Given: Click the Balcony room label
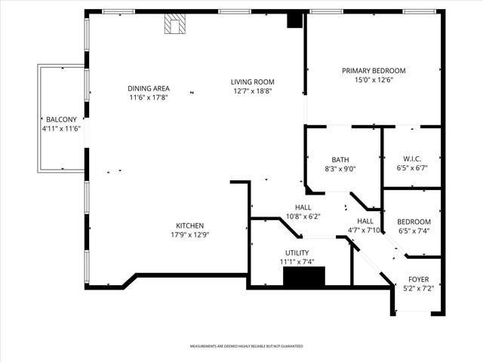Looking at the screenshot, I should point(60,120).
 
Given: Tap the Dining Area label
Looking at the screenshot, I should point(148,88).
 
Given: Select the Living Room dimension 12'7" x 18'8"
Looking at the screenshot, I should point(252,90).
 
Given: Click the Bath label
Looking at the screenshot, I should point(340,159).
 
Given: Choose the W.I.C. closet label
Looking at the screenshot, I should point(411,158).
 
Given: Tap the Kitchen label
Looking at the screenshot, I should point(189,225).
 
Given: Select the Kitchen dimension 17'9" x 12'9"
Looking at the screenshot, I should point(189,235).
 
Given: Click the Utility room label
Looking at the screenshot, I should point(297,253).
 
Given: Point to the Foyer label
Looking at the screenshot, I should point(419,279).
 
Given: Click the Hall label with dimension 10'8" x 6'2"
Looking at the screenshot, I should point(303,207).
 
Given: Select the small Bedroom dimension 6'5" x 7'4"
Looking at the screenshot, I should point(414,230).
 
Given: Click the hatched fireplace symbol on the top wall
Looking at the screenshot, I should point(175,26).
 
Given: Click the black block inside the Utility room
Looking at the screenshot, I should point(303,277).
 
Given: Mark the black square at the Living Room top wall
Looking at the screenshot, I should point(294,20).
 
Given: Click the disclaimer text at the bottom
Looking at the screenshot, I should point(246,346).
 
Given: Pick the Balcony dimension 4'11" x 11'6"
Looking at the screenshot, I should point(60,129).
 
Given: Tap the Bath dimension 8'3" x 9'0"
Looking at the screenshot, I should point(340,168).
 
